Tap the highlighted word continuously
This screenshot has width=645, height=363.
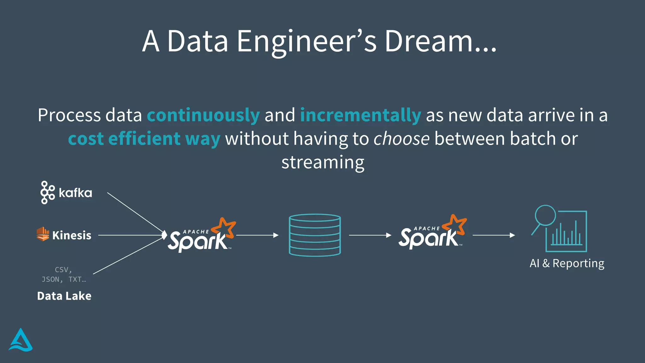(x=203, y=115)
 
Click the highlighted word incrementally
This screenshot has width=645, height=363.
(x=360, y=115)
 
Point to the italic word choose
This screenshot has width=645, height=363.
(x=401, y=139)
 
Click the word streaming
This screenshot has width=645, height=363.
(x=323, y=163)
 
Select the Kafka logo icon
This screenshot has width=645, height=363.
(x=47, y=193)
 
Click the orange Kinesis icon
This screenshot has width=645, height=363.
(x=43, y=234)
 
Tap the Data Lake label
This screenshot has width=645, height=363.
(x=64, y=296)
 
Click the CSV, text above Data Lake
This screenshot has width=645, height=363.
(x=63, y=270)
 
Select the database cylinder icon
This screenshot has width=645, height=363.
(x=315, y=235)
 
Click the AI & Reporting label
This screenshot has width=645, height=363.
(x=567, y=263)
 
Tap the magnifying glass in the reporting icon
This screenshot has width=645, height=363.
(x=545, y=216)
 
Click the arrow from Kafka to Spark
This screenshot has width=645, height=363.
(x=135, y=213)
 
